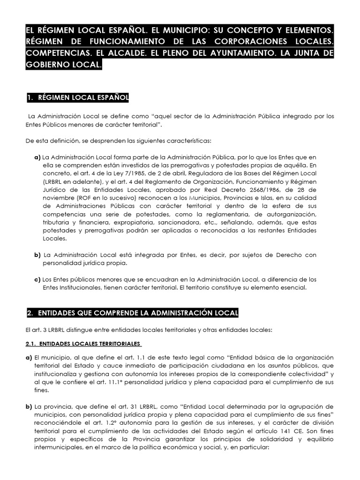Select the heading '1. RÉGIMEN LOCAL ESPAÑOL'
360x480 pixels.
tap(77, 97)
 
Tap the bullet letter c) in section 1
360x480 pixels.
tap(37, 279)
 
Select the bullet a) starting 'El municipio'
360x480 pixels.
tap(29, 358)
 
